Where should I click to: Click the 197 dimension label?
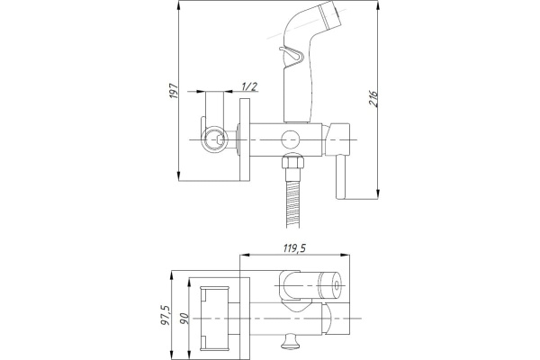(174, 91)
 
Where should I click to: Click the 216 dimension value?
(373, 99)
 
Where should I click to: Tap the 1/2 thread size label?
(249, 86)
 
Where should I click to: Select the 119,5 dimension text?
(295, 248)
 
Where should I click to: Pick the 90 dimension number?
(184, 318)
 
